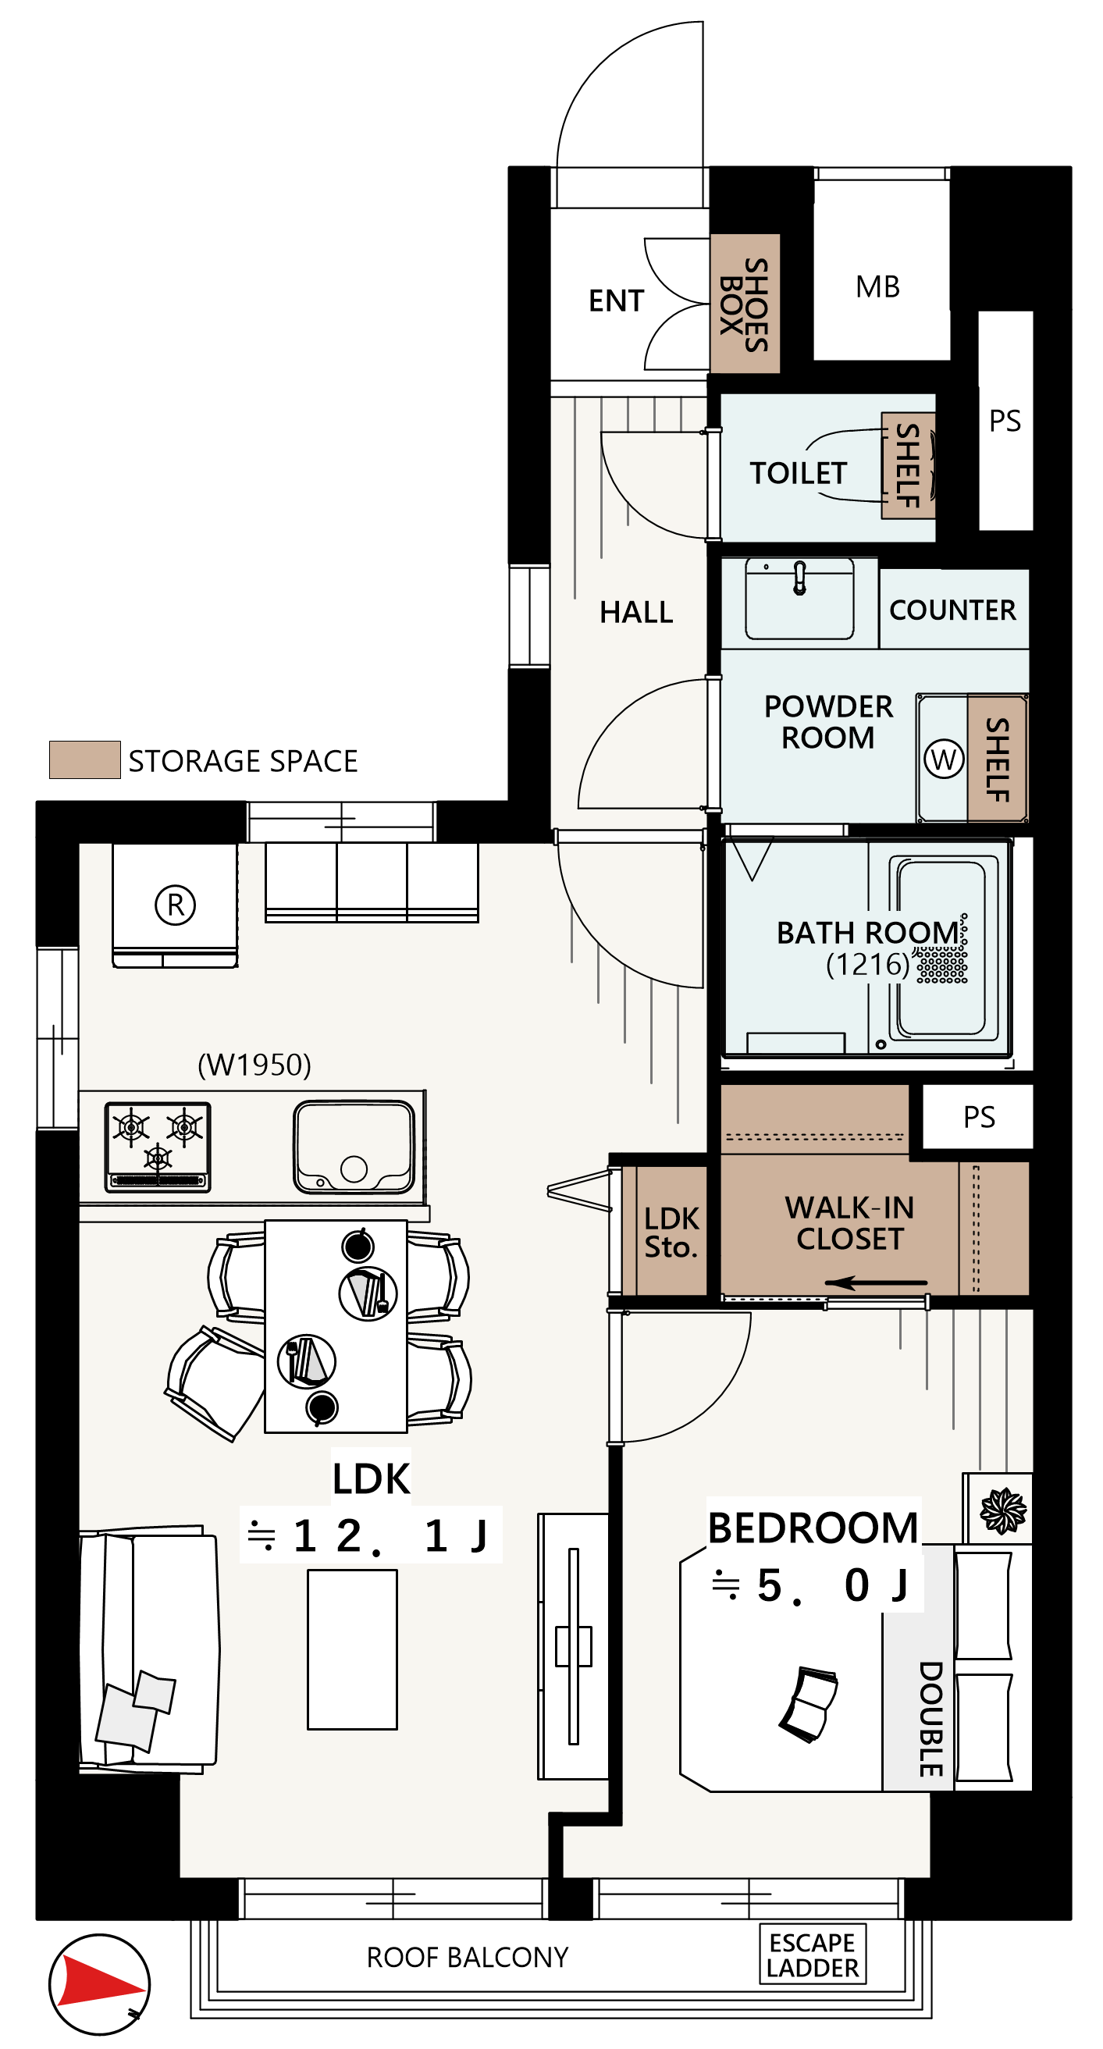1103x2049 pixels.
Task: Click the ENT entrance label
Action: coord(617,301)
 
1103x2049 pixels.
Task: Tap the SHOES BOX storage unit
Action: coord(745,304)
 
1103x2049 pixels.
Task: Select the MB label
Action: coord(878,287)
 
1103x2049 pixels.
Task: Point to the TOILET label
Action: coord(799,473)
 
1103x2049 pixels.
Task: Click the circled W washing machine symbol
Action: coord(944,759)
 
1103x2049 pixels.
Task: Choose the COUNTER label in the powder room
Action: coord(952,610)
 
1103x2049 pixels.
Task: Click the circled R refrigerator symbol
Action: coord(175,905)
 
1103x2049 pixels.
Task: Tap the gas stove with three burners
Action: coord(158,1147)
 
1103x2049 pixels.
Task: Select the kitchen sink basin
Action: coord(354,1147)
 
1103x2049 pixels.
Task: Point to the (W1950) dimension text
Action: coord(254,1064)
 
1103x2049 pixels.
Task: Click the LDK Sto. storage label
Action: coord(672,1233)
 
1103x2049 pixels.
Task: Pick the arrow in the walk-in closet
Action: coord(876,1283)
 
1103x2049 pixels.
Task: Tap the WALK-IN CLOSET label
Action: coord(850,1223)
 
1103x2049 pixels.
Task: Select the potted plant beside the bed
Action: coord(1003,1510)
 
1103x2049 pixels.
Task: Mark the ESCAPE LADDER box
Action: coord(813,1955)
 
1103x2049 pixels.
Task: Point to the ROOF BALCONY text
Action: coord(468,1958)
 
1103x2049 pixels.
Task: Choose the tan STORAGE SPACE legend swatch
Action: coord(85,759)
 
